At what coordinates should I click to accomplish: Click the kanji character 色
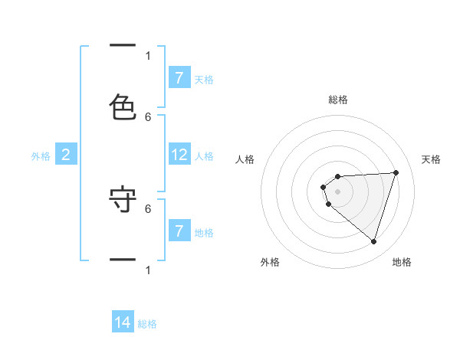pyautogui.click(x=123, y=107)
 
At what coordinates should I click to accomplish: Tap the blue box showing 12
pyautogui.click(x=179, y=155)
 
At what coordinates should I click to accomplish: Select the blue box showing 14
pyautogui.click(x=123, y=323)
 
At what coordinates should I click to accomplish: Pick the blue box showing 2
pyautogui.click(x=66, y=155)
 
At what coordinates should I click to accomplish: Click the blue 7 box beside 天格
pyautogui.click(x=179, y=78)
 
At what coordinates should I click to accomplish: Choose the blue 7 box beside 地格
pyautogui.click(x=179, y=231)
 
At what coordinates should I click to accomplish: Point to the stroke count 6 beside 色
pyautogui.click(x=148, y=116)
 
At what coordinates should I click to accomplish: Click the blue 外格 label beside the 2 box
pyautogui.click(x=41, y=156)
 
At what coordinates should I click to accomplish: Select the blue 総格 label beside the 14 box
pyautogui.click(x=147, y=324)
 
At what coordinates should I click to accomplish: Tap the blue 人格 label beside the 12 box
pyautogui.click(x=204, y=156)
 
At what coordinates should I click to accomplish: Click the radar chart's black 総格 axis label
pyautogui.click(x=338, y=100)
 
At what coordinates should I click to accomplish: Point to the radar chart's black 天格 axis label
pyautogui.click(x=431, y=159)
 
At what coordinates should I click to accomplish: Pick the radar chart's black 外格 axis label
pyautogui.click(x=270, y=262)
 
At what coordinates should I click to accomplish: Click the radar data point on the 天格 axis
pyautogui.click(x=396, y=172)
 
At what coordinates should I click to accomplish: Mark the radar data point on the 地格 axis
pyautogui.click(x=373, y=241)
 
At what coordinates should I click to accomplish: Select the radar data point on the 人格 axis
pyautogui.click(x=324, y=187)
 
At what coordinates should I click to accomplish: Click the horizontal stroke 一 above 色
pyautogui.click(x=123, y=47)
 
